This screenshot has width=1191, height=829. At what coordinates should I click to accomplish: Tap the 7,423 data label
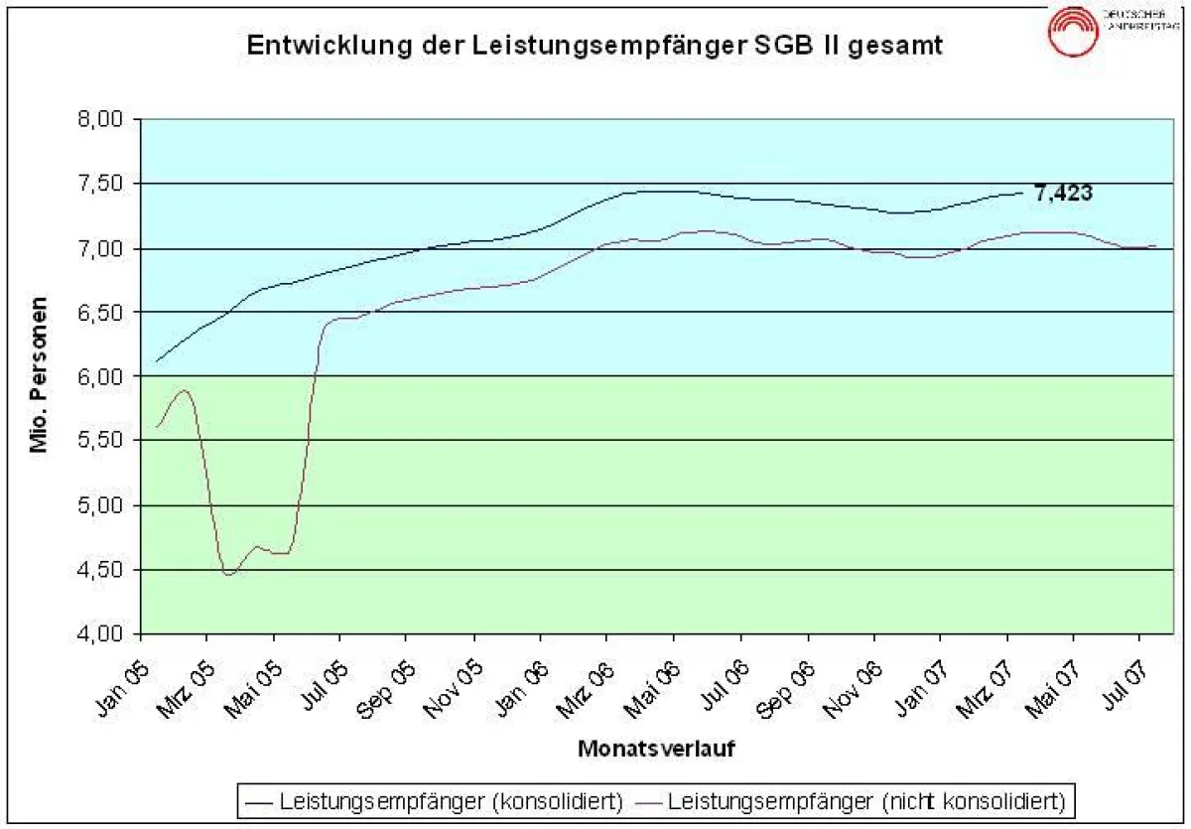(x=1063, y=193)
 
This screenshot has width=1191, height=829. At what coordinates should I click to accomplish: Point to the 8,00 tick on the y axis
(x=99, y=119)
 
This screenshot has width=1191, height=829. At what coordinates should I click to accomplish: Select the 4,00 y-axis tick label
(x=99, y=633)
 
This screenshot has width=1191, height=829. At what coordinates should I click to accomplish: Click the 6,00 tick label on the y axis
(x=99, y=376)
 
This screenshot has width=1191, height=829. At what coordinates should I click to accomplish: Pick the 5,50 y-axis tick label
(x=99, y=441)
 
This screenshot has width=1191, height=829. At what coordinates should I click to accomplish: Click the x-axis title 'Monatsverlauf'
(x=656, y=748)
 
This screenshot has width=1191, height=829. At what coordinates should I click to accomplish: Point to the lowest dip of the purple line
(x=229, y=574)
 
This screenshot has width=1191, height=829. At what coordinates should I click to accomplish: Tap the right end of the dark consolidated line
(x=1021, y=193)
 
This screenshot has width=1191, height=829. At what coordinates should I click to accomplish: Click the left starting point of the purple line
(x=157, y=427)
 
